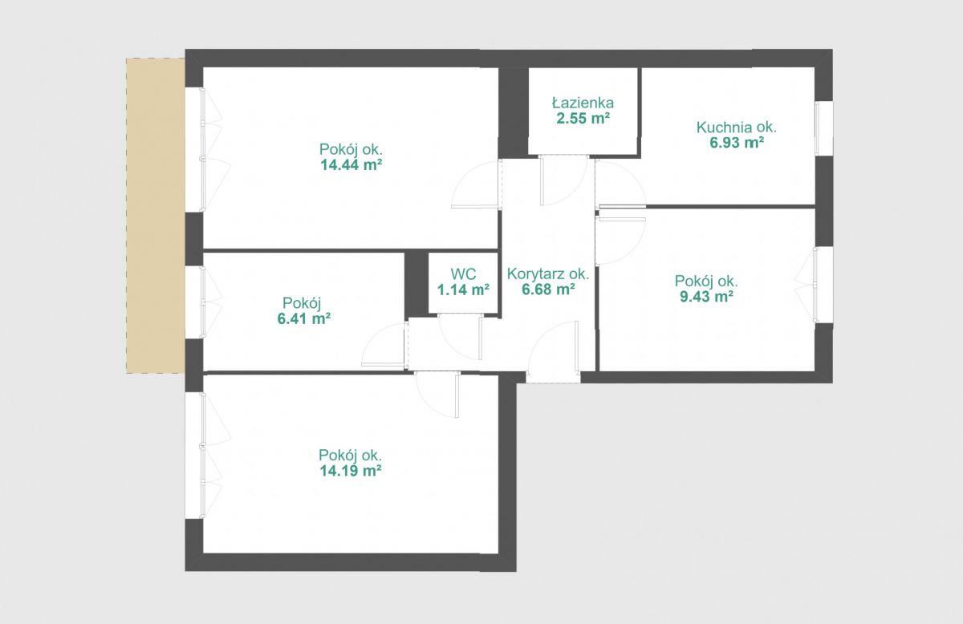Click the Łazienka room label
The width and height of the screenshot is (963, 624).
tap(583, 103)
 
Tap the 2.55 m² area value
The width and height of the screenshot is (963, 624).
tap(583, 118)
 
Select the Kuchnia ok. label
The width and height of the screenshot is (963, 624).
tap(737, 128)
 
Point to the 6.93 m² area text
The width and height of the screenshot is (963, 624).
tap(737, 143)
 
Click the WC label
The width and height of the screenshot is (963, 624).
tap(464, 274)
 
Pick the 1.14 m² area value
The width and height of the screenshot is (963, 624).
tap(463, 290)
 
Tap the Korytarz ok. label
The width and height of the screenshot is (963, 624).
tap(548, 274)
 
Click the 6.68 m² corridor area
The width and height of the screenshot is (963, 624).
tap(549, 290)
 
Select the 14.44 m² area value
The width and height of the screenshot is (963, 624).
tap(351, 164)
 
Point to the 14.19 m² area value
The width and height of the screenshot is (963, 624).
tap(351, 471)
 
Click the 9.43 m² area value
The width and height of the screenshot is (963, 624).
tap(706, 296)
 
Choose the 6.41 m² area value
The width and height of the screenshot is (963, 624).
tap(304, 319)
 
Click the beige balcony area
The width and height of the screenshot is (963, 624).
tap(156, 216)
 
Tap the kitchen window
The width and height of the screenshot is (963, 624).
tap(823, 128)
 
